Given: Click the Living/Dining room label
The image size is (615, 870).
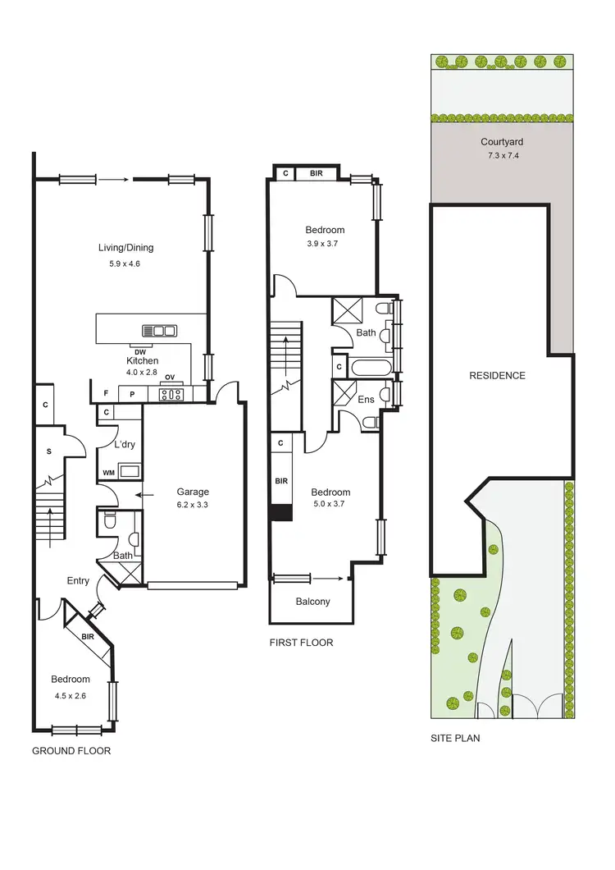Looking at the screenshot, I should click(125, 248).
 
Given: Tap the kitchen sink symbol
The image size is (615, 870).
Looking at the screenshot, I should click(159, 332).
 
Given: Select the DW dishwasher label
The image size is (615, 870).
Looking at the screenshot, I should click(141, 352).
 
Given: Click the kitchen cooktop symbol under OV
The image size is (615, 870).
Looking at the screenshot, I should click(171, 394).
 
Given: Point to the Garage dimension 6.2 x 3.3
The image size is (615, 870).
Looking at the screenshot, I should click(193, 506).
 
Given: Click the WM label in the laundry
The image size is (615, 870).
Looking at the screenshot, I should click(108, 473).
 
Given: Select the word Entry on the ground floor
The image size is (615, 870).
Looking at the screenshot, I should click(78, 581).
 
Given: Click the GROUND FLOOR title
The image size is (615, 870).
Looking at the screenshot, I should click(71, 751).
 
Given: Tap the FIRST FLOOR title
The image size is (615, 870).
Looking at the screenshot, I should click(301, 643).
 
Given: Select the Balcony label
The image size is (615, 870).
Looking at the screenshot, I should click(312, 602).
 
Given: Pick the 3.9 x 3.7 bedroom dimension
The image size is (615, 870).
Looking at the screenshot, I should click(325, 244).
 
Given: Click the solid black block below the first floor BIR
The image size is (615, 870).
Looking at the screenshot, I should click(280, 513).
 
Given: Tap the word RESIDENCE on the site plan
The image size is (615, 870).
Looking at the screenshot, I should click(497, 376).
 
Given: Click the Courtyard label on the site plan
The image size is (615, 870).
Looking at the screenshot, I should click(501, 141).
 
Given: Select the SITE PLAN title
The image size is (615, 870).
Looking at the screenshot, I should click(455, 738).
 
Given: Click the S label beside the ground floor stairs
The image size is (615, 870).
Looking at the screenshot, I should click(48, 452).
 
